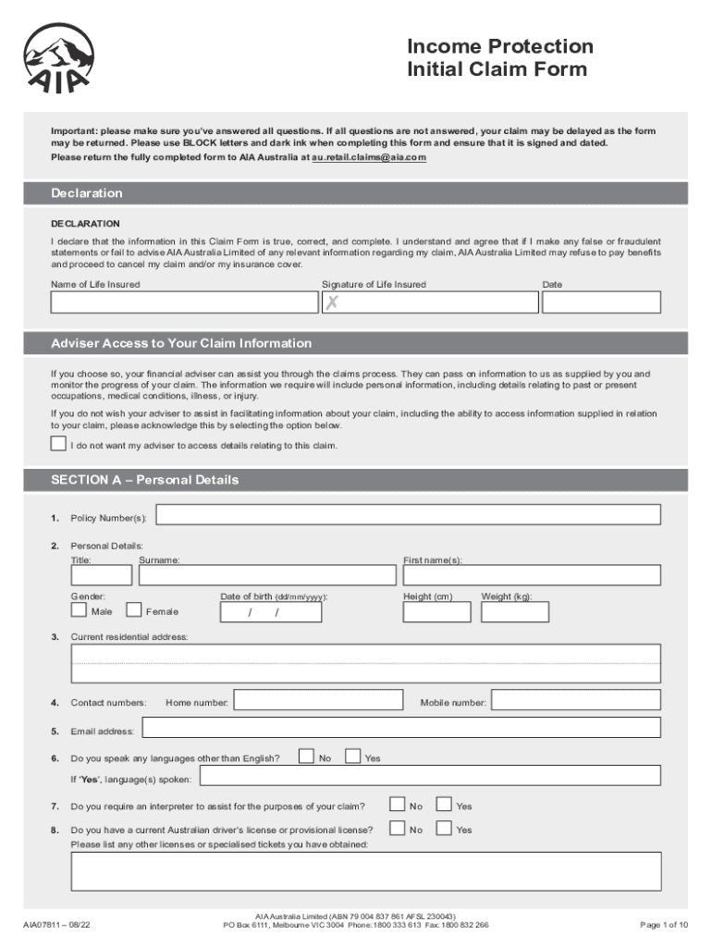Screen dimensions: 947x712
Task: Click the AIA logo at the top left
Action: [57, 58]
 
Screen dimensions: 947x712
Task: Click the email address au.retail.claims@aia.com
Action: [369, 158]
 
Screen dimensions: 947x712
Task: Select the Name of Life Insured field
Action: [182, 302]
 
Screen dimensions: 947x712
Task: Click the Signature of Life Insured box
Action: [429, 302]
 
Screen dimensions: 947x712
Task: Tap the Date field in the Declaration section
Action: [601, 302]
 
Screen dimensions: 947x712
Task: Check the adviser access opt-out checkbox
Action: [59, 444]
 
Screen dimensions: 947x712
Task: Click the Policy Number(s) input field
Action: [408, 515]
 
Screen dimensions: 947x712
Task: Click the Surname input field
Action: [266, 575]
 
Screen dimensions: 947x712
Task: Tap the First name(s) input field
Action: [532, 575]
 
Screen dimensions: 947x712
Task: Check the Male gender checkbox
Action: [80, 610]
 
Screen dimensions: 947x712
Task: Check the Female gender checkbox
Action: [134, 610]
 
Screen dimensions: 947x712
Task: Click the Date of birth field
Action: [271, 612]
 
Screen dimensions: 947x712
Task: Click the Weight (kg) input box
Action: [515, 612]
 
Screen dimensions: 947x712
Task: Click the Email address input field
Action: [399, 729]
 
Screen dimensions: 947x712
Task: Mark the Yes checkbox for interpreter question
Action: [444, 805]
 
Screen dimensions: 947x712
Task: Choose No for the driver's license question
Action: [397, 829]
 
